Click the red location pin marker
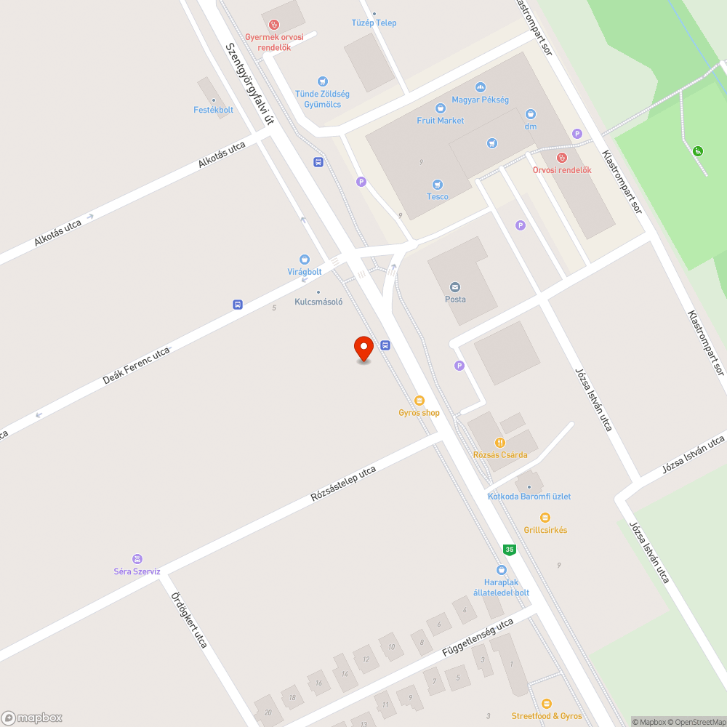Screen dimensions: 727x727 (363, 348)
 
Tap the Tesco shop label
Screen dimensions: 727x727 (438, 196)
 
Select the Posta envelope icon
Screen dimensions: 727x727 (456, 286)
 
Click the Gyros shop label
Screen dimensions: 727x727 (419, 413)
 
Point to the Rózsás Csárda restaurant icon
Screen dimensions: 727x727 (500, 442)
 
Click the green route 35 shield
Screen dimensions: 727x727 (510, 550)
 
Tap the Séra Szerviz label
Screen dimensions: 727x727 (137, 571)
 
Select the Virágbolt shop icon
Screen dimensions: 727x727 (304, 260)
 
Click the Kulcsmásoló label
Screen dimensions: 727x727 (318, 301)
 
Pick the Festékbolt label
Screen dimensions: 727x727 (214, 110)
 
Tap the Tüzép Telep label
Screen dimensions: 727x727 (374, 23)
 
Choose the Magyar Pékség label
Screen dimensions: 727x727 (480, 100)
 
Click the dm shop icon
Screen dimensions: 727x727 (531, 114)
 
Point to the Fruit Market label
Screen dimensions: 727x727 (441, 121)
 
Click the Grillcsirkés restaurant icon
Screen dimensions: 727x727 (545, 518)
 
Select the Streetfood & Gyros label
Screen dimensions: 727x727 (547, 716)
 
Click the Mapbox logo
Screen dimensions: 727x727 (32, 717)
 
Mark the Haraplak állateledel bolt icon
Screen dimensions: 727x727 (501, 570)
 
